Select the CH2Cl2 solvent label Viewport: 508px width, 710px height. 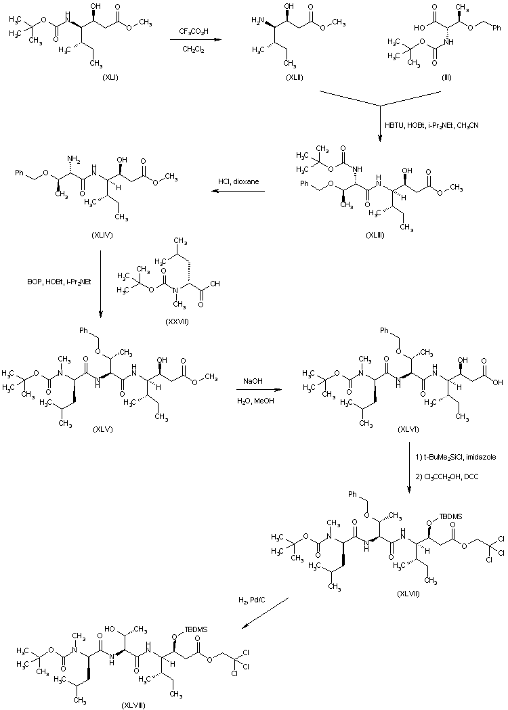(x=194, y=47)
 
